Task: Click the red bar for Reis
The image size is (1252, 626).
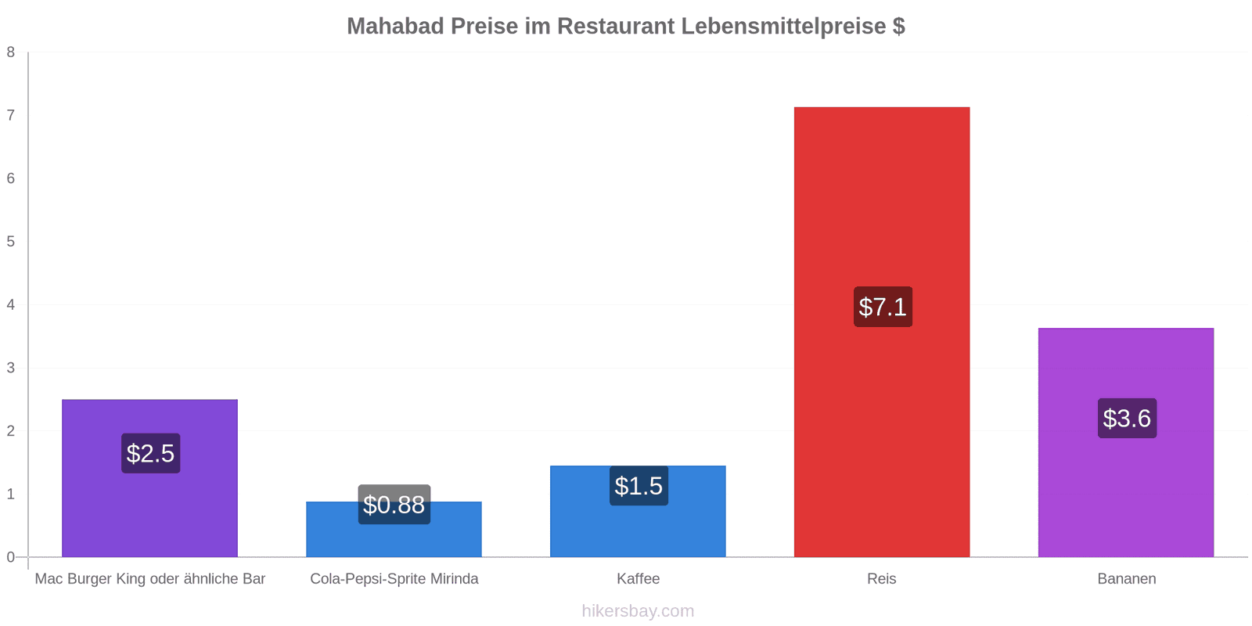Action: [881, 332]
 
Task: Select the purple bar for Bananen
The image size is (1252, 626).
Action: [1126, 443]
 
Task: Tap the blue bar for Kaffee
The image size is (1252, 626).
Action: [638, 512]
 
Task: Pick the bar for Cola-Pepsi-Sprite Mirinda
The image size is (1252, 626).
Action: [394, 529]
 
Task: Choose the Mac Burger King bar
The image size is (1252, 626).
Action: [149, 478]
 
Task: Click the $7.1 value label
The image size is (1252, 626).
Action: [883, 307]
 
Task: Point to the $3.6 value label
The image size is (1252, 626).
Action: [1127, 418]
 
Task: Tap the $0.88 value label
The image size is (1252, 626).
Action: [394, 505]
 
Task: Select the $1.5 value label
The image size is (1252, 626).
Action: [639, 486]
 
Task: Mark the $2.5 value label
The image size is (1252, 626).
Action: [150, 453]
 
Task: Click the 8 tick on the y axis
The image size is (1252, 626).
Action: [11, 52]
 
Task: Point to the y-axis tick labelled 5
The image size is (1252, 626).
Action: [11, 242]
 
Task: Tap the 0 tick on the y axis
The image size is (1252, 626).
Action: [11, 557]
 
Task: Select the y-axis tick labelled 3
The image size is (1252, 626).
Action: [11, 368]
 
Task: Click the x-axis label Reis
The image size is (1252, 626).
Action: [881, 578]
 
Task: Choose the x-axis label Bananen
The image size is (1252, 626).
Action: [1126, 578]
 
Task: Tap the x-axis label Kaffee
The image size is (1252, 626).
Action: [638, 578]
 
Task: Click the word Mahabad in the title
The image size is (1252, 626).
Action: [395, 27]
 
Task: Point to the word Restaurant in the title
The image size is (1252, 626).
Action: [615, 27]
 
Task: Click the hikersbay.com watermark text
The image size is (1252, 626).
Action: [638, 610]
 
